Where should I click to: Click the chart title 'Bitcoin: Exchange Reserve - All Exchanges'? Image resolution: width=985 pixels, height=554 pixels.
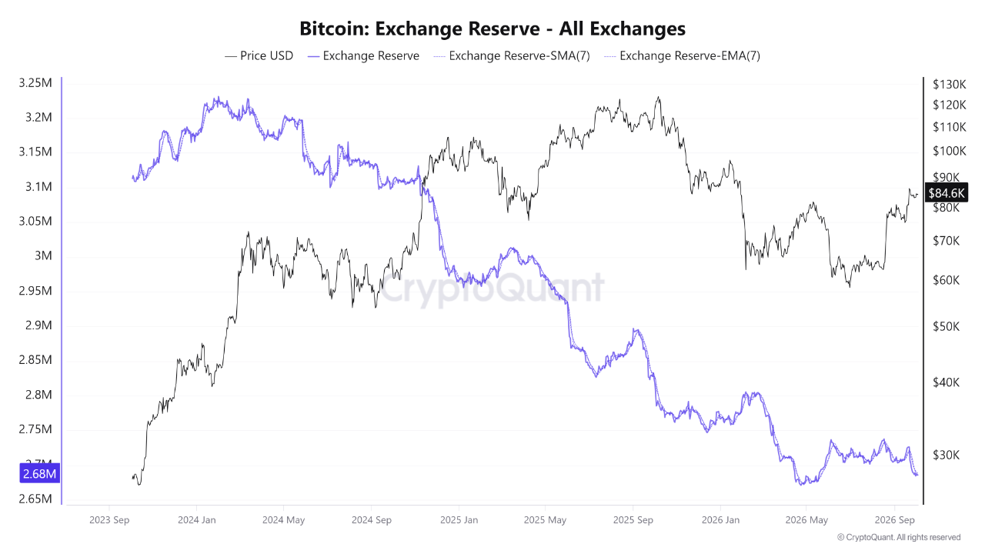pos(492,28)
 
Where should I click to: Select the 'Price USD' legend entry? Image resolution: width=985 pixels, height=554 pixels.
pos(259,56)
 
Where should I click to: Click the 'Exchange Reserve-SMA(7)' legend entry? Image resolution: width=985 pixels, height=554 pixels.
pos(512,56)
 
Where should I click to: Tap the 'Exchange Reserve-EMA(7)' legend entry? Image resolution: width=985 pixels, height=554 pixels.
pos(682,56)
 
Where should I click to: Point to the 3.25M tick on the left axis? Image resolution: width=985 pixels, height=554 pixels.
pos(35,82)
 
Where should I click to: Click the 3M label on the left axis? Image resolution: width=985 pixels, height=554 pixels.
pos(43,255)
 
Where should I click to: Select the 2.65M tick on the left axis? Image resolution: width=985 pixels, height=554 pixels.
pos(35,499)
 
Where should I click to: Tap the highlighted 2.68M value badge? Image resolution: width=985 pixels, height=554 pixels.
pos(39,473)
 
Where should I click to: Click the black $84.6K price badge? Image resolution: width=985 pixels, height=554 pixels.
pos(947,193)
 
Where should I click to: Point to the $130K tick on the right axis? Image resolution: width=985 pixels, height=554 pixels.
pos(950,85)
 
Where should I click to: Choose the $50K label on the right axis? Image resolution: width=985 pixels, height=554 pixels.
pos(947,326)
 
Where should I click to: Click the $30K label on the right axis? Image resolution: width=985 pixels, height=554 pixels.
pos(947,455)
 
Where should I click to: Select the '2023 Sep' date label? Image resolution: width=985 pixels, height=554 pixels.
pos(109,520)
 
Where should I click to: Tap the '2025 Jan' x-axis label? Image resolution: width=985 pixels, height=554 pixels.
pos(459,520)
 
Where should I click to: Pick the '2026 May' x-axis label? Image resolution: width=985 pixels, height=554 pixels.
pos(806,520)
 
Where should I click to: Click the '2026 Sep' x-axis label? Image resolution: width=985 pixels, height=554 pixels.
pos(894,520)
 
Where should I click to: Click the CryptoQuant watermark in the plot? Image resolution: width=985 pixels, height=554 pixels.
pos(492,288)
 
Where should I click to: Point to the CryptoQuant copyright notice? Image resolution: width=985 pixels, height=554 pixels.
pos(899,537)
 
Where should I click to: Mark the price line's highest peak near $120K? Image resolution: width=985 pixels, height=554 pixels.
pos(658,97)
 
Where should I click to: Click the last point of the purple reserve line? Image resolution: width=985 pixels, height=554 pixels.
pos(918,475)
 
